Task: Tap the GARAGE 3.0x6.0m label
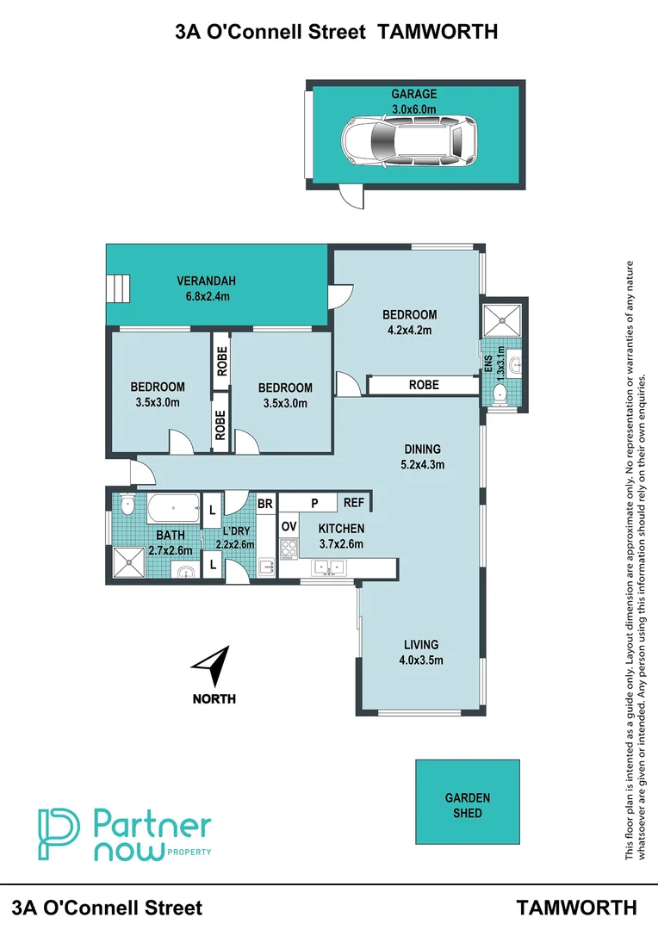click(414, 102)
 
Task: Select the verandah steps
click(118, 288)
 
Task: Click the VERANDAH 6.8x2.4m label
click(206, 288)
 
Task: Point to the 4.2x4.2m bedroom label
click(409, 321)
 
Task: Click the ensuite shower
click(501, 320)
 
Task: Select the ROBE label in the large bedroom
click(423, 385)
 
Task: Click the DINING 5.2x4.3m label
click(422, 456)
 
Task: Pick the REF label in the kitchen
click(353, 503)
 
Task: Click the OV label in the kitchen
click(289, 526)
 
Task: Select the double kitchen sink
click(330, 567)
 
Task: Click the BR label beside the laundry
click(265, 503)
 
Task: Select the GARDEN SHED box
click(468, 801)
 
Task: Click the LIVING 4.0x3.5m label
click(421, 652)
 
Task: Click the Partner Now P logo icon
click(58, 833)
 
